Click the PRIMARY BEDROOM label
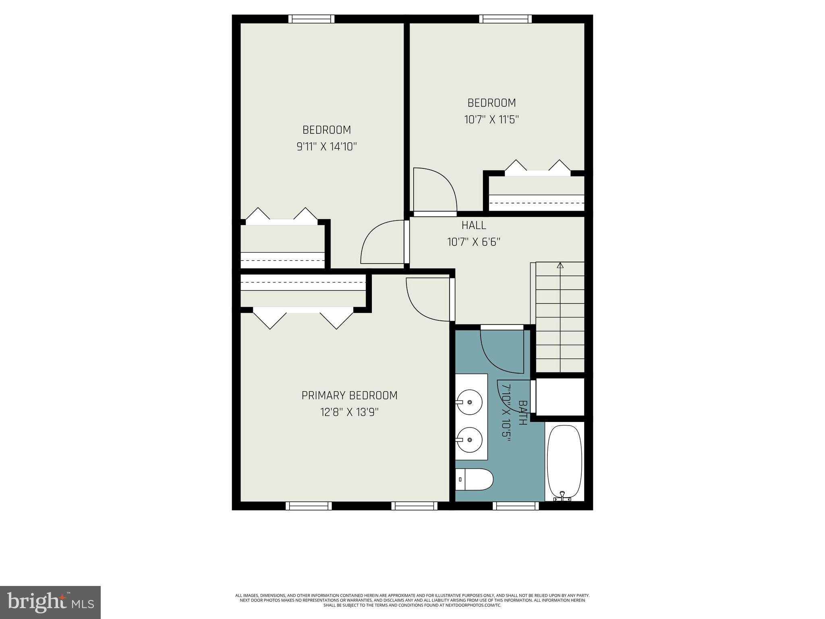pos(349,395)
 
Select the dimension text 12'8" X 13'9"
pos(349,412)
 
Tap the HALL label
pos(474,225)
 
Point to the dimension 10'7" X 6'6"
pos(474,242)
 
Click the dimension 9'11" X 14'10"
pos(327,147)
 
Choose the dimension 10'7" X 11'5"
pos(491,120)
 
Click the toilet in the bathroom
pos(475,479)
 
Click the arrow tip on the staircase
pos(560,265)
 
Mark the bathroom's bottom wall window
pos(516,506)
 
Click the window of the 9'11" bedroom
pos(311,19)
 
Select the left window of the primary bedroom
pos(309,506)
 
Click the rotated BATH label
pos(522,413)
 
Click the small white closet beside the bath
pos(560,397)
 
